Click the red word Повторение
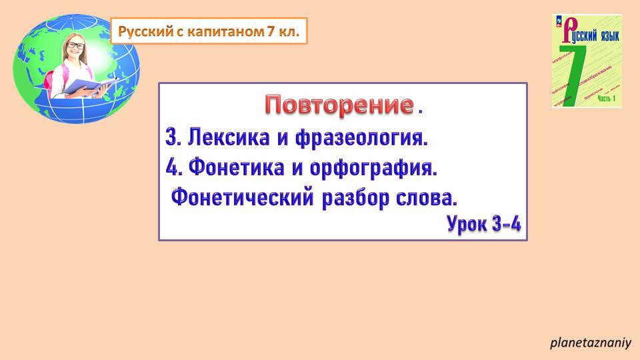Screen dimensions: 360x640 click(339, 105)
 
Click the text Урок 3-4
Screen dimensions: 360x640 click(483, 223)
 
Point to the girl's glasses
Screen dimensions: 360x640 click(75, 46)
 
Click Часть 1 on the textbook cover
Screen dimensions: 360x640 click(607, 99)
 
